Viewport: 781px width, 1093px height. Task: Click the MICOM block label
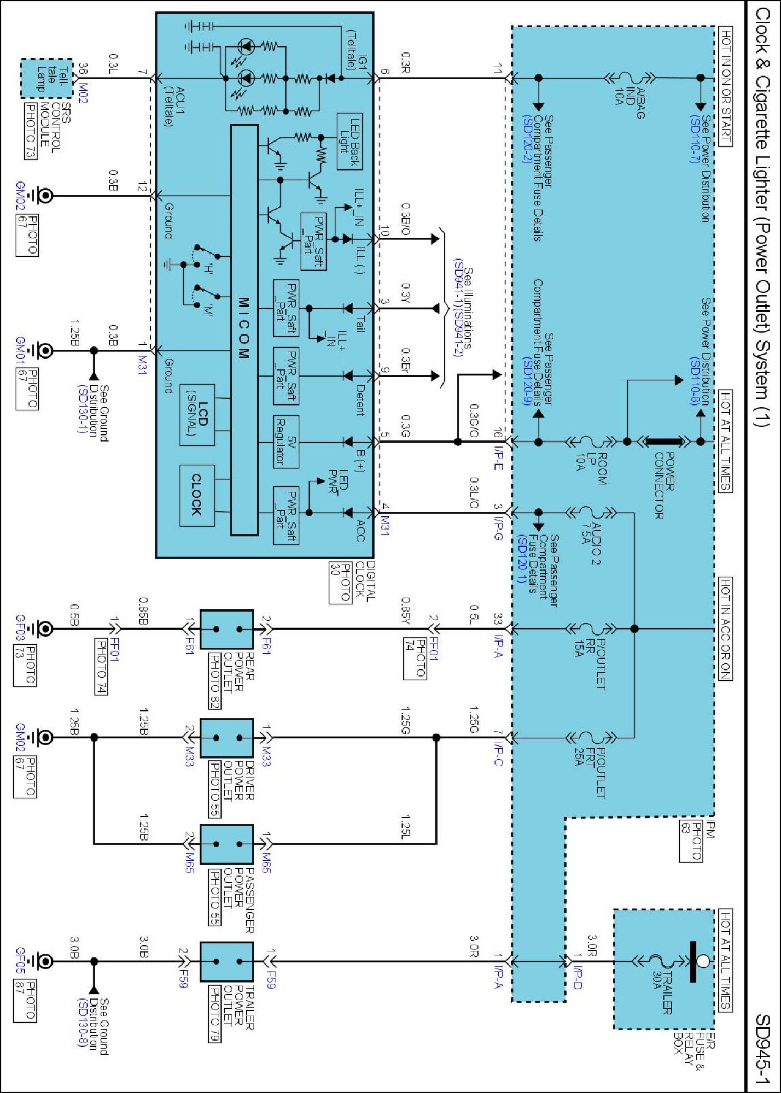pyautogui.click(x=244, y=328)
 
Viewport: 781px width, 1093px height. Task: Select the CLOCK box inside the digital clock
pyautogui.click(x=197, y=495)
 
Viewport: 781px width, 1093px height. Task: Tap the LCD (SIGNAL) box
pyautogui.click(x=197, y=415)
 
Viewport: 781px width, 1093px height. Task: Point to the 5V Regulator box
pyautogui.click(x=286, y=442)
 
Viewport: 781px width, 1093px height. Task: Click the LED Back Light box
pyautogui.click(x=349, y=142)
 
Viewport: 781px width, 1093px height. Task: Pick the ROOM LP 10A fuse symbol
pyautogui.click(x=591, y=442)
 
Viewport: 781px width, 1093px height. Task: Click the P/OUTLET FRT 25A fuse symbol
pyautogui.click(x=591, y=738)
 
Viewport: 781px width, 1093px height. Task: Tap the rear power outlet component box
pyautogui.click(x=226, y=629)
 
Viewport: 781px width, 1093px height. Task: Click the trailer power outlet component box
pyautogui.click(x=226, y=961)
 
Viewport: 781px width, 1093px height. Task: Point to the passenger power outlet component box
pyautogui.click(x=226, y=844)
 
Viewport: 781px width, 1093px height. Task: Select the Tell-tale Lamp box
pyautogui.click(x=46, y=79)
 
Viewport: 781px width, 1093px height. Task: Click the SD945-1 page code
pyautogui.click(x=762, y=1049)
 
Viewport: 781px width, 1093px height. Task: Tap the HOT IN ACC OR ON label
pyautogui.click(x=725, y=628)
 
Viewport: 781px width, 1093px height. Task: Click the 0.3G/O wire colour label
pyautogui.click(x=474, y=421)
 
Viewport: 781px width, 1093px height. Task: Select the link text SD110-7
pyautogui.click(x=695, y=139)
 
